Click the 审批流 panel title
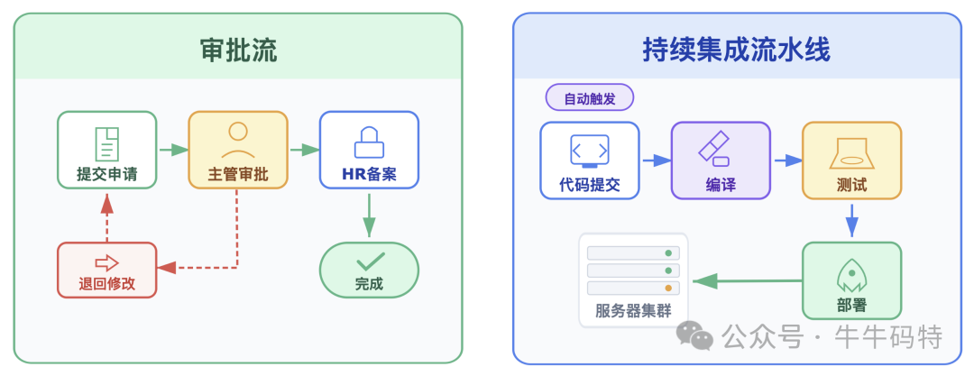(x=238, y=50)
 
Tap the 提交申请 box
(x=106, y=150)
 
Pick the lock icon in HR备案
(x=369, y=140)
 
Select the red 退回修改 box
(x=106, y=271)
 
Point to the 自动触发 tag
(x=590, y=98)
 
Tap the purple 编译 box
(x=721, y=160)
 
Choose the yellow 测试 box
(x=851, y=160)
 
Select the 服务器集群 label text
(x=633, y=312)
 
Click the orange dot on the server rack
(x=668, y=288)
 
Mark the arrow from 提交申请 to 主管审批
(x=172, y=150)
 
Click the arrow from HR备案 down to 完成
(x=369, y=216)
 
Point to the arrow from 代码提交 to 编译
(x=656, y=160)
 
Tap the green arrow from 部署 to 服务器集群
(x=747, y=281)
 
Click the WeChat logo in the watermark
(x=695, y=336)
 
